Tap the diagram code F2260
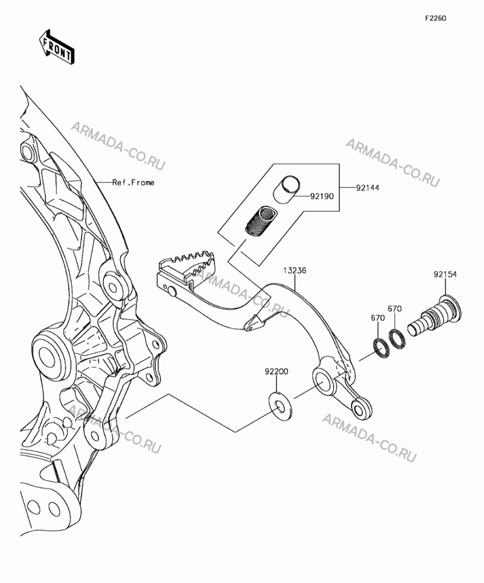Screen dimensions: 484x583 point(436,18)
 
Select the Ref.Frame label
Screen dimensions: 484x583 point(133,182)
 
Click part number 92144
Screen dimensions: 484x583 point(367,188)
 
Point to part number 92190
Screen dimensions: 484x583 point(322,196)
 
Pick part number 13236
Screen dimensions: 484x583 point(294,271)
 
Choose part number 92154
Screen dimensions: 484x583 point(445,275)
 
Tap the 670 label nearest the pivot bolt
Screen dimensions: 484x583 point(395,308)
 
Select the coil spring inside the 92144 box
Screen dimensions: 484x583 point(261,221)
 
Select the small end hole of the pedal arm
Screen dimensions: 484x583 point(360,410)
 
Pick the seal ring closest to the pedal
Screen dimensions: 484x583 point(381,349)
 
